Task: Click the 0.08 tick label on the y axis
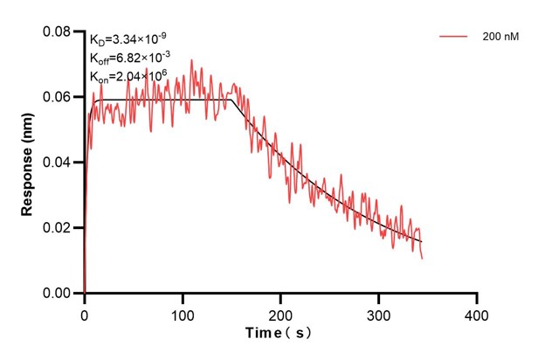coord(58,32)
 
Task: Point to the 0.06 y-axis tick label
coord(58,97)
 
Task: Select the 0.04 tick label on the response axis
coord(58,163)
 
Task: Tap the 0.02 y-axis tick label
coord(58,228)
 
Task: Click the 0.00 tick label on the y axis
coord(58,294)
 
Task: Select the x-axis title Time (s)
coord(279,333)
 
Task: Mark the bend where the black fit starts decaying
coord(233,100)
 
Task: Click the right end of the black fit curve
coord(422,242)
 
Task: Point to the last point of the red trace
coord(423,259)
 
